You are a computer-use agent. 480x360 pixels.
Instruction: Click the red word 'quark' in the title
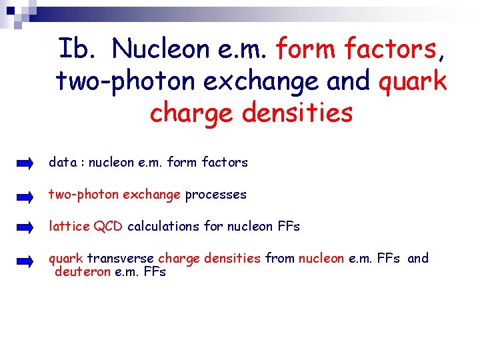pyautogui.click(x=413, y=81)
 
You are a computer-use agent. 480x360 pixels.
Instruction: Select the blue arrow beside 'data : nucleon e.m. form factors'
pyautogui.click(x=25, y=163)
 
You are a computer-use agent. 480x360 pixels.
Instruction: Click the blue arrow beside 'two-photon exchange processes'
pyautogui.click(x=25, y=195)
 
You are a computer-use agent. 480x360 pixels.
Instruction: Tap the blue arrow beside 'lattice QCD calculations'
pyautogui.click(x=25, y=227)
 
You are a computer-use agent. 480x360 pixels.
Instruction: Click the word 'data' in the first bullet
pyautogui.click(x=62, y=162)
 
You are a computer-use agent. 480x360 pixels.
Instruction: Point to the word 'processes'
pyautogui.click(x=215, y=195)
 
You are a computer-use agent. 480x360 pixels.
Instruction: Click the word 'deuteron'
pyautogui.click(x=83, y=272)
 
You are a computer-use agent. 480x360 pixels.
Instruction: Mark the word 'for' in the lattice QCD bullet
pyautogui.click(x=213, y=227)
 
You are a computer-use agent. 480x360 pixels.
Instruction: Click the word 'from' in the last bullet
pyautogui.click(x=279, y=258)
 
